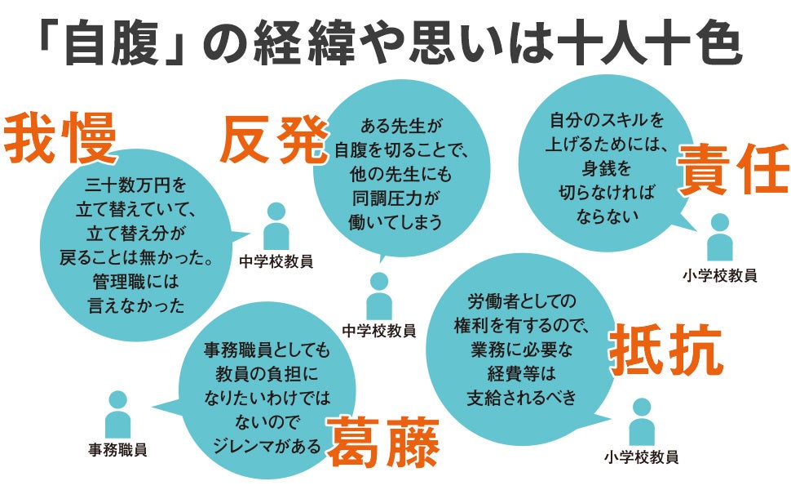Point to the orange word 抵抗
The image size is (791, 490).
coord(665,350)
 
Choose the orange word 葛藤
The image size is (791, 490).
coord(383,442)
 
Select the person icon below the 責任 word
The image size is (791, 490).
coord(719,237)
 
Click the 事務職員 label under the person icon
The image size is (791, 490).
coord(117,449)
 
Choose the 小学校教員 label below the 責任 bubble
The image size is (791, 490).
coord(719,275)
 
